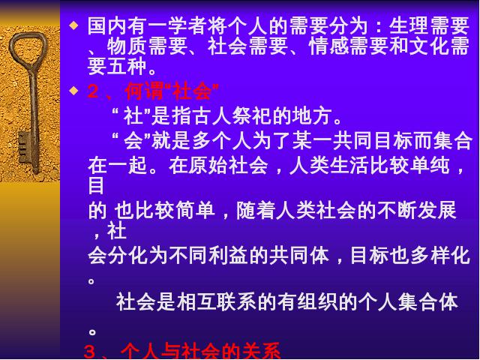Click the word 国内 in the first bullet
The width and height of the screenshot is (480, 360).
(x=107, y=25)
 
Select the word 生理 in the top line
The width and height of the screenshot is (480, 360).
(x=409, y=25)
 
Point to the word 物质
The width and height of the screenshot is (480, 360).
(x=127, y=46)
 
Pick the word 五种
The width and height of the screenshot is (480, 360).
(x=127, y=67)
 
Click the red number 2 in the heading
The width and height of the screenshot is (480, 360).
(x=93, y=91)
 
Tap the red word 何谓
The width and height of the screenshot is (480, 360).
(x=144, y=91)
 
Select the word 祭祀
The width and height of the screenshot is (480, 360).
(x=252, y=116)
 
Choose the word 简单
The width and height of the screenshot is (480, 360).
(x=195, y=211)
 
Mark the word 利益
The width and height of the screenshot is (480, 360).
(x=228, y=256)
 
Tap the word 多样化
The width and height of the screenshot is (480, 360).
(x=440, y=256)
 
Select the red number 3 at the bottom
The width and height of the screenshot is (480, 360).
(x=89, y=352)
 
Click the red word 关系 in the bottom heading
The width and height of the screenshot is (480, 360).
(x=261, y=351)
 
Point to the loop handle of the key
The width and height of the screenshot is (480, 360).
(x=28, y=48)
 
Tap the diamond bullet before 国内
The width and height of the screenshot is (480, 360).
(x=73, y=25)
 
